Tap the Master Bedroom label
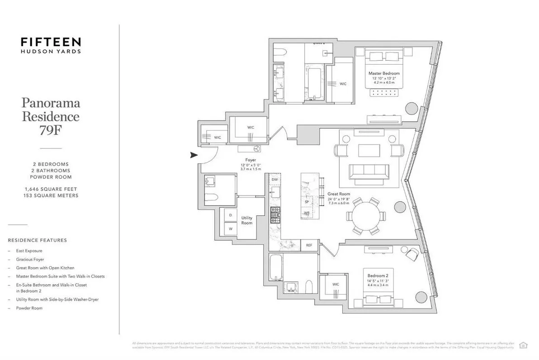tap(384, 73)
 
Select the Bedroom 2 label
tap(378, 276)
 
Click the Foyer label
tap(250, 160)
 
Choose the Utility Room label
tap(247, 221)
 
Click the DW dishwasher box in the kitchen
tap(274, 180)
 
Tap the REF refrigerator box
tap(309, 245)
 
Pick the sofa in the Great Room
tap(369, 172)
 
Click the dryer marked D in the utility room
tap(230, 215)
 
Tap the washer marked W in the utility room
tap(230, 228)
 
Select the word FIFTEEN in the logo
tap(51, 42)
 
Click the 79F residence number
tap(51, 131)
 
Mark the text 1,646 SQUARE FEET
tap(51, 189)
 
